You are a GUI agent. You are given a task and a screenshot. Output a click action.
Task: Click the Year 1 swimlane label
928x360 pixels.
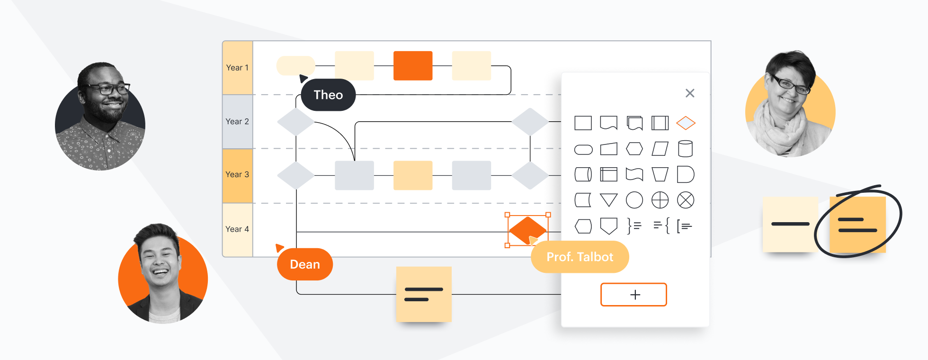[237, 68]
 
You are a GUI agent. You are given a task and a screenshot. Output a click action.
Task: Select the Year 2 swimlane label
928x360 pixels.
[237, 122]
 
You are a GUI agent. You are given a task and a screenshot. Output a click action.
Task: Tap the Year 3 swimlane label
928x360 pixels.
[237, 175]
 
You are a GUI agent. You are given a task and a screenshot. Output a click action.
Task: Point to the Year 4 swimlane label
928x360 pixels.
[237, 229]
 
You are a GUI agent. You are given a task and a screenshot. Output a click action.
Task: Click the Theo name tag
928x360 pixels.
[328, 95]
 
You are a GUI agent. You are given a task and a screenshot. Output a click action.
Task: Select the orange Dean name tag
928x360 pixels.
[305, 264]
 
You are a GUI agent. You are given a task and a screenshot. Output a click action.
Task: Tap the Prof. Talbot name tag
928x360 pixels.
[580, 257]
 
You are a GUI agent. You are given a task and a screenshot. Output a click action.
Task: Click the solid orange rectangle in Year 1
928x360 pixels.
[413, 66]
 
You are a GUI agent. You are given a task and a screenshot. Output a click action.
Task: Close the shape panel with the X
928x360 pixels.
[690, 93]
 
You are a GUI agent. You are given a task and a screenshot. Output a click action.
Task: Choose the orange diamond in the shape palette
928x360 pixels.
[686, 123]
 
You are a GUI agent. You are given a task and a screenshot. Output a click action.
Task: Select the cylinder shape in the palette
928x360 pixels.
[685, 149]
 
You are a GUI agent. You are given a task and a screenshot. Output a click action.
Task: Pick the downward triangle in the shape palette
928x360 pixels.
[609, 200]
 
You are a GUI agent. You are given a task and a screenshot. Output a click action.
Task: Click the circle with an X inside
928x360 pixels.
[686, 200]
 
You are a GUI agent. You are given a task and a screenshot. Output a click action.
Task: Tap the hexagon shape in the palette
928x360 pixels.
[634, 149]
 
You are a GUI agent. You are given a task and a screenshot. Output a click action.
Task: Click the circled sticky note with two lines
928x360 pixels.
[857, 225]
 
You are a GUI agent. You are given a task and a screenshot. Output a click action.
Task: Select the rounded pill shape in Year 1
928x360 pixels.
[296, 66]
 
